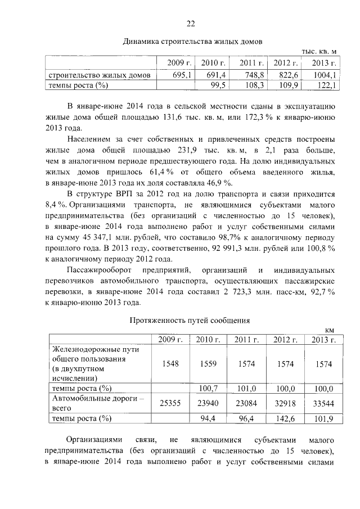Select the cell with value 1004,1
point(324,74)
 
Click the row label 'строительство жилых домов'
point(99,75)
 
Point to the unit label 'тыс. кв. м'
point(319,52)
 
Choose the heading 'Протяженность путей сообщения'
point(190,320)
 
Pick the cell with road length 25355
point(170,403)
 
